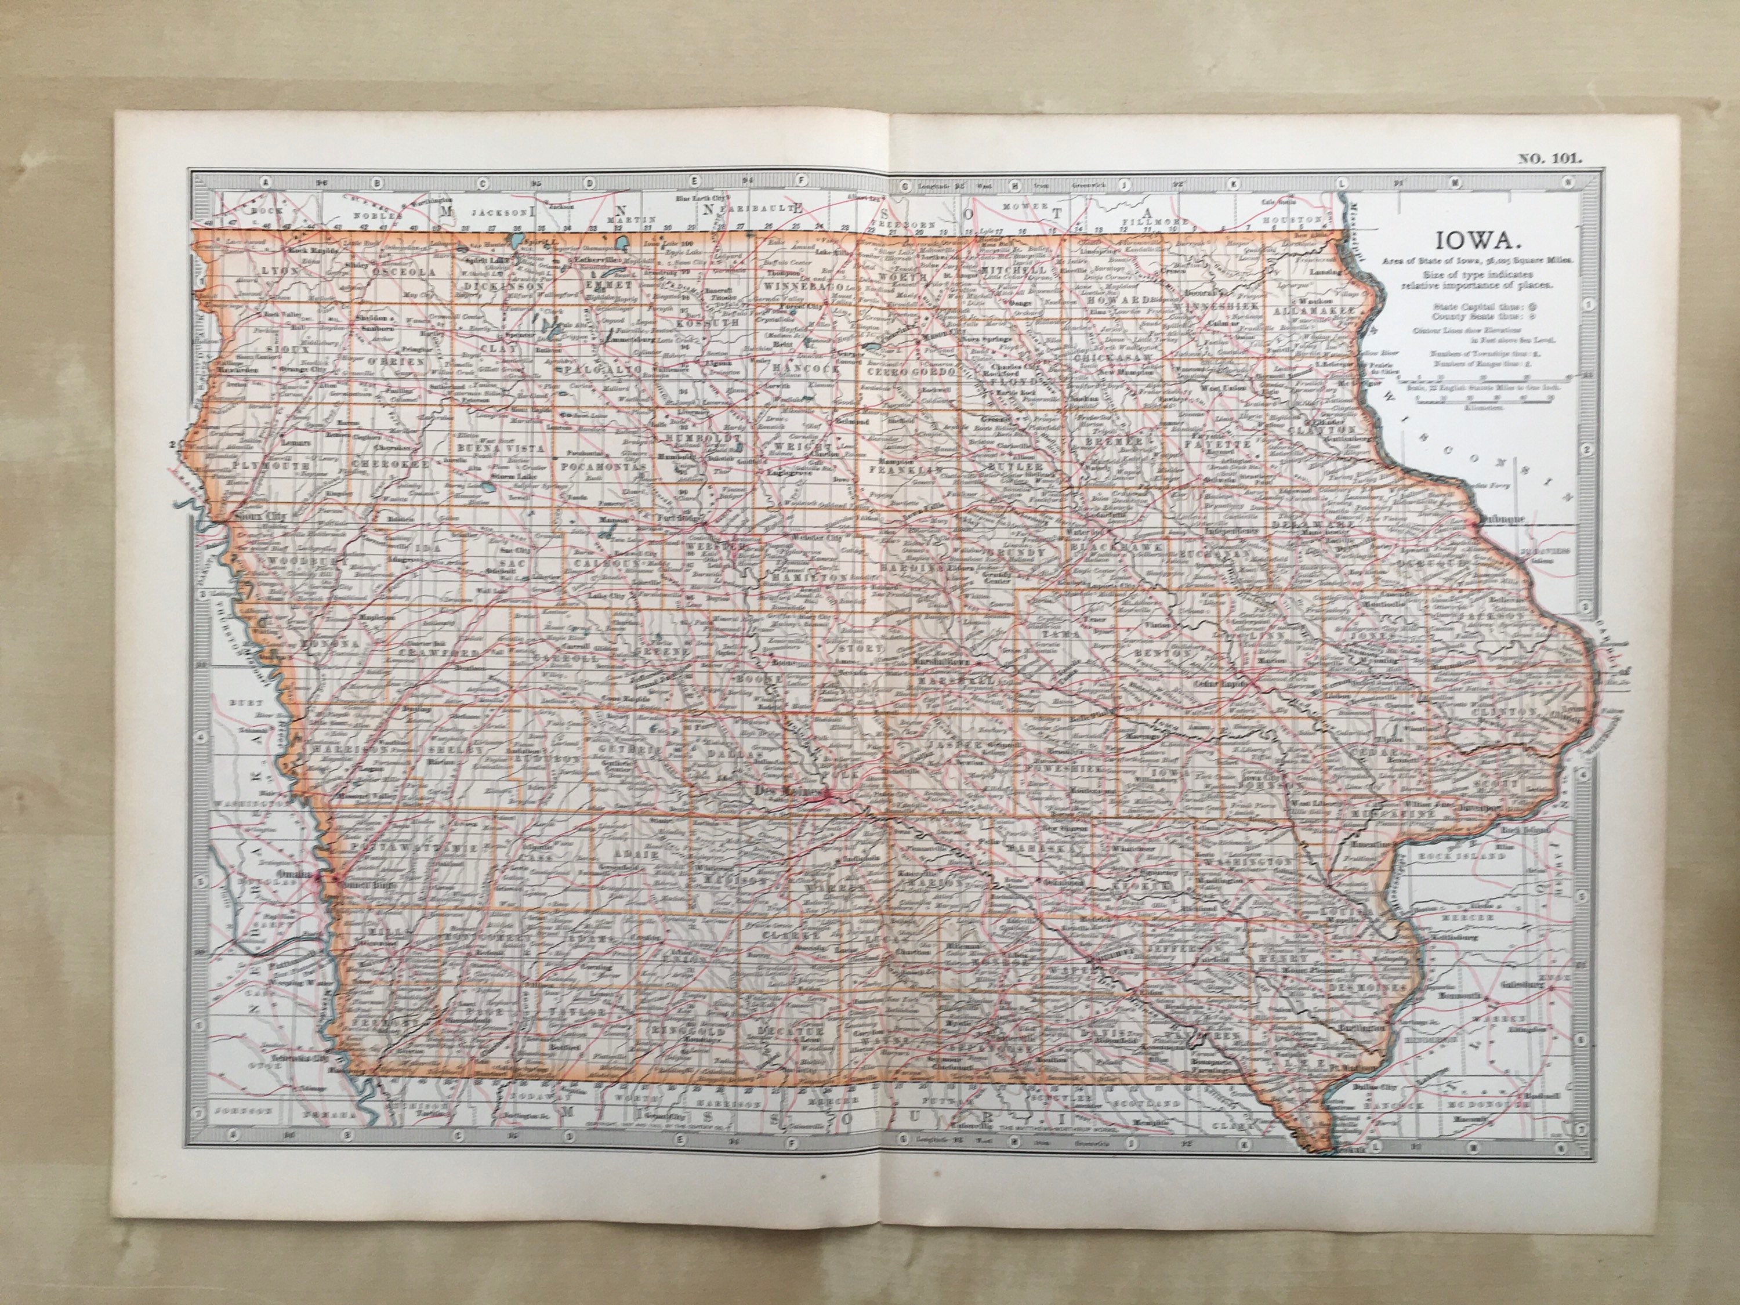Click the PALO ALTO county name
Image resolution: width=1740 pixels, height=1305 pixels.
[x=605, y=367]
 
